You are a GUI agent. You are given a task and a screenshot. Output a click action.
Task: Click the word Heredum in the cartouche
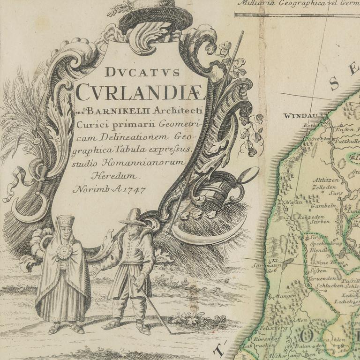click(122, 176)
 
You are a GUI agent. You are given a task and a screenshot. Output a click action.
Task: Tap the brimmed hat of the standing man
click(133, 217)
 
